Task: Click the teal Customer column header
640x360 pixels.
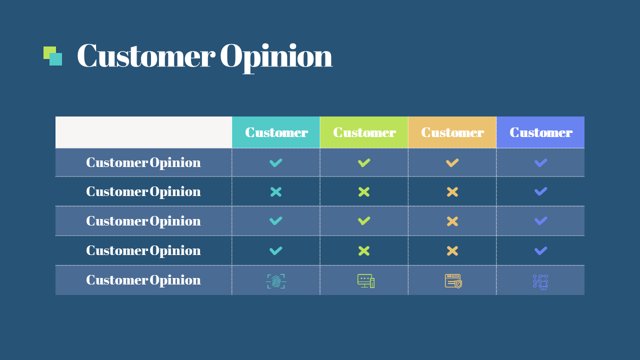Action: coord(276,132)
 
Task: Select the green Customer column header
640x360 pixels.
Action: coord(364,132)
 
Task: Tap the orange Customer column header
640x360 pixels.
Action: coord(452,132)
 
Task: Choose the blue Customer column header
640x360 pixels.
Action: coord(540,132)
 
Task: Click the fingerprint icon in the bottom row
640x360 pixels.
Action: coord(276,281)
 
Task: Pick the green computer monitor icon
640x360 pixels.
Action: coord(365,281)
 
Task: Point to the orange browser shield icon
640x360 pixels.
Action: coord(453,281)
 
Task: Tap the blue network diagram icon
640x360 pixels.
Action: coord(540,281)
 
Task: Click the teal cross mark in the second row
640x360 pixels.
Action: coord(276,192)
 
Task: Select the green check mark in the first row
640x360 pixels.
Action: coord(364,162)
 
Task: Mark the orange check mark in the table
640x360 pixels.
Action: coord(452,162)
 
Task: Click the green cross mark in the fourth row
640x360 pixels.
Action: coord(364,251)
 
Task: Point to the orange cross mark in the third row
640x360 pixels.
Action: coord(452,221)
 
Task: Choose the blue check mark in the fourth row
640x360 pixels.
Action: coord(540,251)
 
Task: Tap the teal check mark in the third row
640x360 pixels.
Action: coord(276,221)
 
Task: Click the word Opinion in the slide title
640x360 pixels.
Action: coord(276,56)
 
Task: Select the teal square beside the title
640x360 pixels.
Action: coord(56,60)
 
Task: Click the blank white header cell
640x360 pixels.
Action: coord(143,132)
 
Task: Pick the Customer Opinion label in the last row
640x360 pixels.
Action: coord(143,280)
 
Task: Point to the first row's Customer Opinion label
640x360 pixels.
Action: coord(143,162)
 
